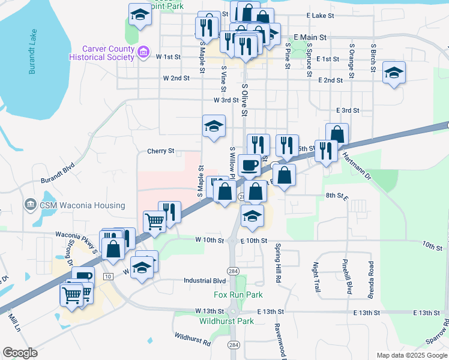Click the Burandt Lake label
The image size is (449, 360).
[x=32, y=53]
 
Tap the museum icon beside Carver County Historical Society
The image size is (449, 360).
[x=143, y=52]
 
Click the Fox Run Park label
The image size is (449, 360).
[x=238, y=295]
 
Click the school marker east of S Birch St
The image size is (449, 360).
[x=394, y=73]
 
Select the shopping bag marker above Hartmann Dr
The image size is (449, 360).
[x=337, y=134]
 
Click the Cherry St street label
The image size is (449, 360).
[x=160, y=151]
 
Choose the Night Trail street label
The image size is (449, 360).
[x=317, y=277]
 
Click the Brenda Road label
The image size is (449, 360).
[x=371, y=280]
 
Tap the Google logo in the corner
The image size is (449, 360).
[x=20, y=353]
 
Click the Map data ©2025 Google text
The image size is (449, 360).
[x=411, y=355]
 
